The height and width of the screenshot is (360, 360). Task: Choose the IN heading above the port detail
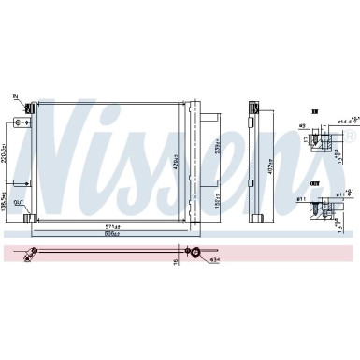coord(315,108)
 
